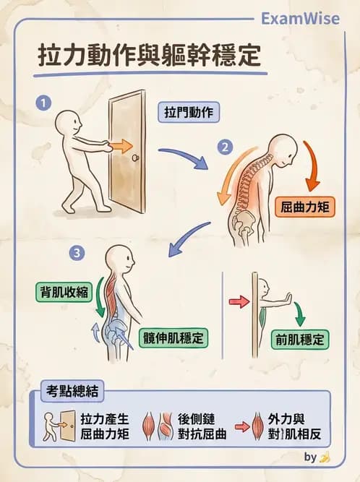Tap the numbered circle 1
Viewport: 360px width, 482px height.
click(x=45, y=103)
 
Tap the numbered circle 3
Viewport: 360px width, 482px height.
click(x=77, y=253)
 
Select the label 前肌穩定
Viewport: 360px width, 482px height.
click(x=299, y=338)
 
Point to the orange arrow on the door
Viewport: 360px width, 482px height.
click(x=122, y=146)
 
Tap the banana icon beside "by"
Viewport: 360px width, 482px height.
click(x=325, y=457)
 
